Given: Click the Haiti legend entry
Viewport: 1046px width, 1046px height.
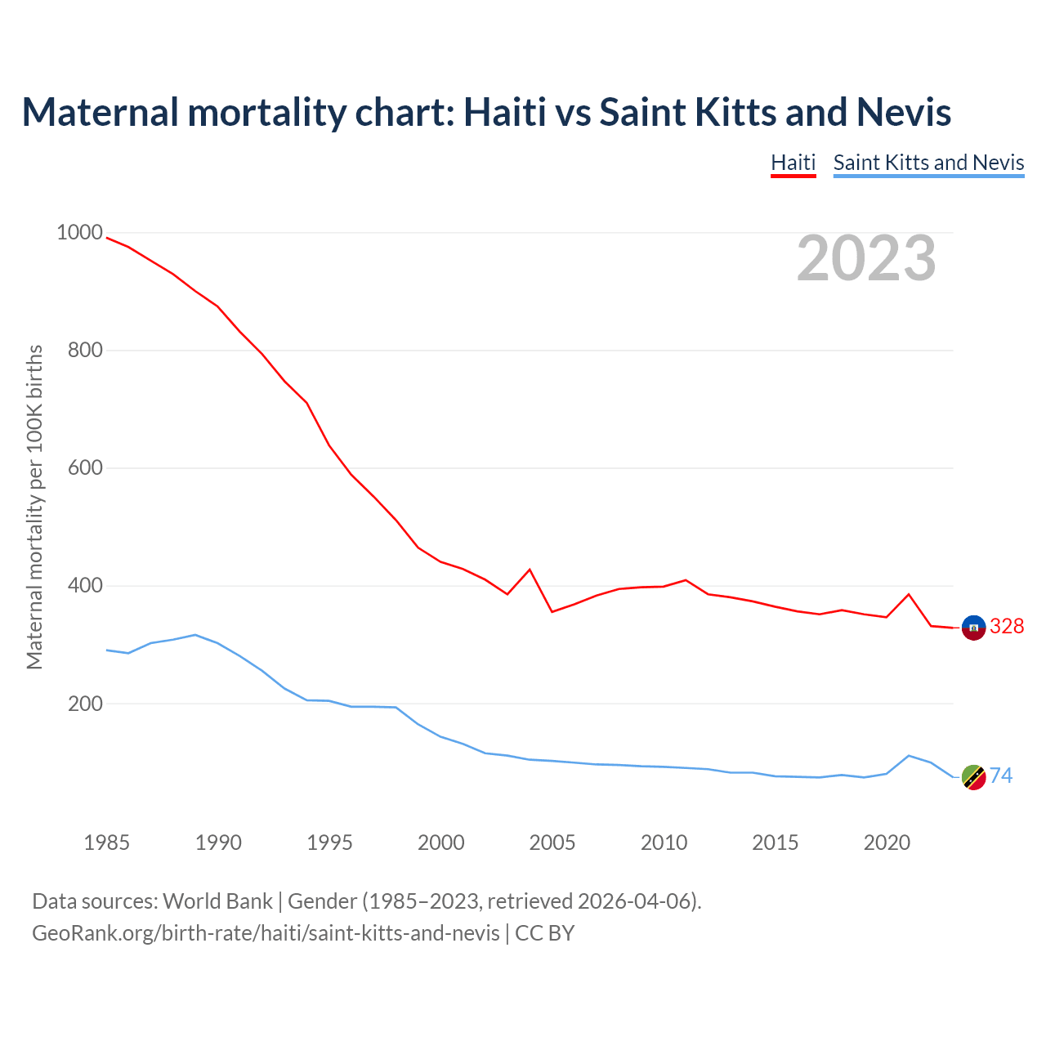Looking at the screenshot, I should [793, 163].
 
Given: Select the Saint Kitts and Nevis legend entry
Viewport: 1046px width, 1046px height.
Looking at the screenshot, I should [928, 163].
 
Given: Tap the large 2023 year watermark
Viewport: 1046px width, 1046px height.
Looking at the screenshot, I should [866, 258].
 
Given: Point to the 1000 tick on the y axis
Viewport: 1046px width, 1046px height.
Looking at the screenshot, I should [80, 233].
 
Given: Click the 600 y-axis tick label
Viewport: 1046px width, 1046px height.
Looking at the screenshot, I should [85, 468].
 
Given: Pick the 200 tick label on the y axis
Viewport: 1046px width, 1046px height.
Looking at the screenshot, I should [85, 704].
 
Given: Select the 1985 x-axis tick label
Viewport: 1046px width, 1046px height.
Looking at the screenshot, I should [107, 843].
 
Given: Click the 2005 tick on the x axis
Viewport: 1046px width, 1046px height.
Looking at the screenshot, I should [552, 843].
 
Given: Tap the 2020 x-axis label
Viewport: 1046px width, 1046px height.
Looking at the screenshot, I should [887, 843].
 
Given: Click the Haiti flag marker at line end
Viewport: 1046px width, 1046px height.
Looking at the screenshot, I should [973, 628].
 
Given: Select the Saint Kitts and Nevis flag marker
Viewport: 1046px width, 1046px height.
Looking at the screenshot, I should [973, 777].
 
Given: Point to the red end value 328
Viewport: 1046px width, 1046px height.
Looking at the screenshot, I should [1007, 627].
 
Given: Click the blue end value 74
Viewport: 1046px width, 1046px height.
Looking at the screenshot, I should [1001, 776].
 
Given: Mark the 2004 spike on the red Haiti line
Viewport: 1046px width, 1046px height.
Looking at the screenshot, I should [530, 570].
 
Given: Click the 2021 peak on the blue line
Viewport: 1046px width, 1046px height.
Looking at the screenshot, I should [909, 756].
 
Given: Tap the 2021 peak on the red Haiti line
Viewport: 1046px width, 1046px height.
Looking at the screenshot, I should [909, 594].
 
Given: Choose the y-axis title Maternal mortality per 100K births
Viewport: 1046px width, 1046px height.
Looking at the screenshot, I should [35, 507].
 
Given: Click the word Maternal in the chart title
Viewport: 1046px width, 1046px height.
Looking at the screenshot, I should [100, 112].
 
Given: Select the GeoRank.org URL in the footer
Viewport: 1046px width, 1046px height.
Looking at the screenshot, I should [266, 933].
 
